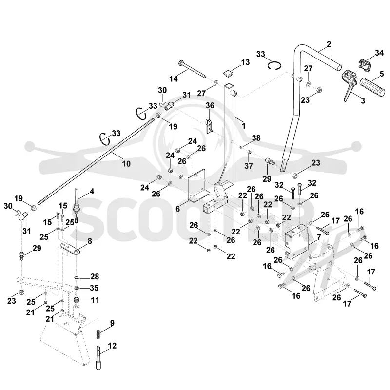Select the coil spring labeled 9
[98, 334]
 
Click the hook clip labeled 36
[209, 126]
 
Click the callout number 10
[126, 164]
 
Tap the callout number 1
[244, 126]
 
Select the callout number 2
[329, 44]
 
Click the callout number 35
[94, 288]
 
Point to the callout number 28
[95, 276]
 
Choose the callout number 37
[249, 166]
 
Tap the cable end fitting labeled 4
[77, 204]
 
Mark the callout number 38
[256, 138]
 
